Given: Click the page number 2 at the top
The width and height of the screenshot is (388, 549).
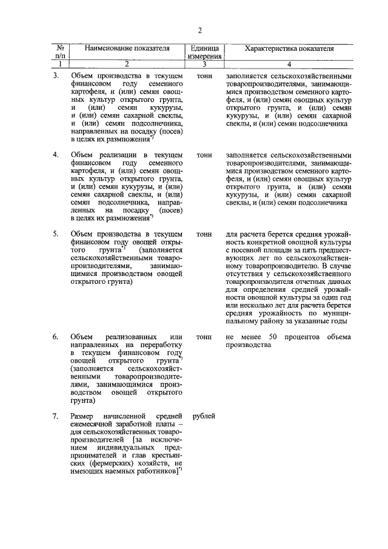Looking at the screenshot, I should (199, 31).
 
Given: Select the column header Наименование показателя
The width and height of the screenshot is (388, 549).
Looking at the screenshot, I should (127, 47).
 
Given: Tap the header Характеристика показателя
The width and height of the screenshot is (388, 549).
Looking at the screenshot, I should (289, 47).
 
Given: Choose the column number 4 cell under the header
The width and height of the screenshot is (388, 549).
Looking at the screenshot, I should (289, 64).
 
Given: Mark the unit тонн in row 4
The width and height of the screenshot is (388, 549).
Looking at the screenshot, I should (204, 155).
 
